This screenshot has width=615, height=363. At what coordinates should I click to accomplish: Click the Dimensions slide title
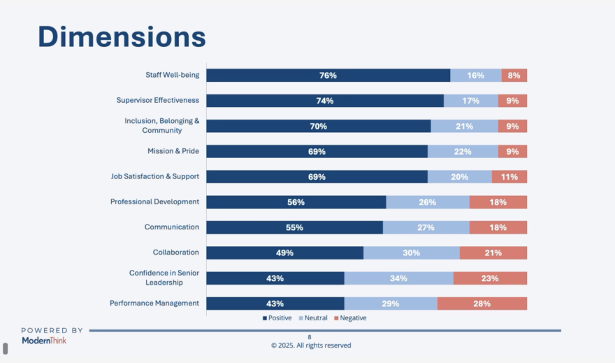click(122, 36)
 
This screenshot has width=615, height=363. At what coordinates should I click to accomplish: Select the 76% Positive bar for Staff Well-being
click(328, 76)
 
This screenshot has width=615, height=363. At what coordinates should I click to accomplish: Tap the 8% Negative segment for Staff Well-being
click(514, 76)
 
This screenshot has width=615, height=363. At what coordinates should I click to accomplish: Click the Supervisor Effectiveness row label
click(157, 101)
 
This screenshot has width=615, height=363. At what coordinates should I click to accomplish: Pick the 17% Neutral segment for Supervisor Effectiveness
click(470, 101)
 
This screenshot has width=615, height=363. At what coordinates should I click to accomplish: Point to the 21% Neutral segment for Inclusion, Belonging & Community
click(464, 126)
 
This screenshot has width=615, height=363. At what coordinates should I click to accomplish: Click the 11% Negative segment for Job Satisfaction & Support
click(509, 177)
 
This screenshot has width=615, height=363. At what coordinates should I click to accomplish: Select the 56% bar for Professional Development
click(296, 202)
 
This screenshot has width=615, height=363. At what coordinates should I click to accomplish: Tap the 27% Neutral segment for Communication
click(426, 227)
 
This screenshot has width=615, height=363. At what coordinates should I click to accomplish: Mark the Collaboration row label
click(175, 252)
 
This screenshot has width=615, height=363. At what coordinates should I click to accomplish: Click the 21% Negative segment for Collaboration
click(493, 252)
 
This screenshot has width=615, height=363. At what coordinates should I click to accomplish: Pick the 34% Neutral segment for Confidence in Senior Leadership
click(398, 278)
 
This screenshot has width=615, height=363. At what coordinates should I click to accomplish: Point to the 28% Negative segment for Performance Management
click(482, 304)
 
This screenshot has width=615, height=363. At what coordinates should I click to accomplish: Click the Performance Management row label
click(154, 304)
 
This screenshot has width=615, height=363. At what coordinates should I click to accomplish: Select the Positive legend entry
click(277, 318)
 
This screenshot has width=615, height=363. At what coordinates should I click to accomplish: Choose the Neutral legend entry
click(312, 318)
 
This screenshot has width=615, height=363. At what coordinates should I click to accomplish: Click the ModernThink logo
click(44, 340)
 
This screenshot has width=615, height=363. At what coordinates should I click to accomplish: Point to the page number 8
click(310, 336)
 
